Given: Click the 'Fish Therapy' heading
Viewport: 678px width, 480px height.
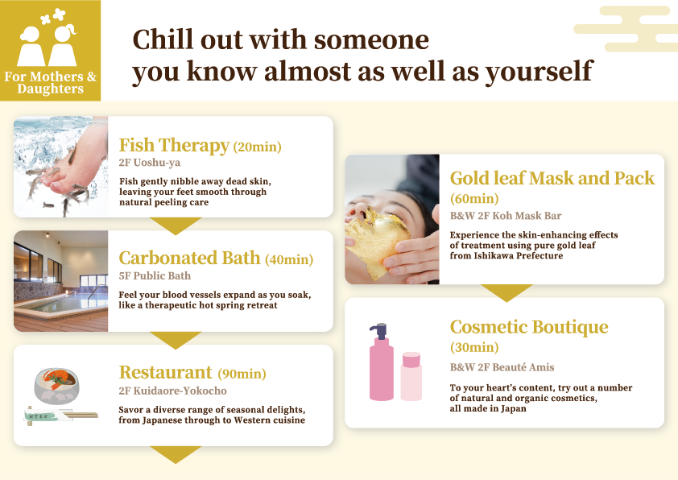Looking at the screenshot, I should (174, 146).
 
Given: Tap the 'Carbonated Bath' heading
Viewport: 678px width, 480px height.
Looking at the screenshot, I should (189, 259).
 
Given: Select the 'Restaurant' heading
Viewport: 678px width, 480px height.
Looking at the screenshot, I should (165, 373).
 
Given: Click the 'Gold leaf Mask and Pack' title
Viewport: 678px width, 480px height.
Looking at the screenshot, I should (552, 178).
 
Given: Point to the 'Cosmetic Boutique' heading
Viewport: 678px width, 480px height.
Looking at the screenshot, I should (528, 327).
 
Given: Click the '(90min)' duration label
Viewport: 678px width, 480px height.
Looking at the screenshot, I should (242, 374).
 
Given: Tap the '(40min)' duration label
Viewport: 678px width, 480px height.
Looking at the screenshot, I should (289, 259).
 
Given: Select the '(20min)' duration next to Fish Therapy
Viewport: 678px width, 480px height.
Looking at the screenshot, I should (257, 147).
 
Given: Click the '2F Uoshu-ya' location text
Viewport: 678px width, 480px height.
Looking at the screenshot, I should (149, 163).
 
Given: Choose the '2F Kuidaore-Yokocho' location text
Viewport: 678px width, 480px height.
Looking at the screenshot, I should (172, 391).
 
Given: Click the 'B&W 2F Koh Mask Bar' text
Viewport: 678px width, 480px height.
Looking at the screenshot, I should (506, 216).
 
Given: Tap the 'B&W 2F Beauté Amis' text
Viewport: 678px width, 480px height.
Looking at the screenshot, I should (502, 367).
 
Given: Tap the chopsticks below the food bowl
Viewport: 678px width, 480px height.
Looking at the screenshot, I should (61, 416).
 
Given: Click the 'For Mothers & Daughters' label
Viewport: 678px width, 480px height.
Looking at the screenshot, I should (50, 83).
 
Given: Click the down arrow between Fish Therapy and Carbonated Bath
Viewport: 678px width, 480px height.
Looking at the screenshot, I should (174, 225).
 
